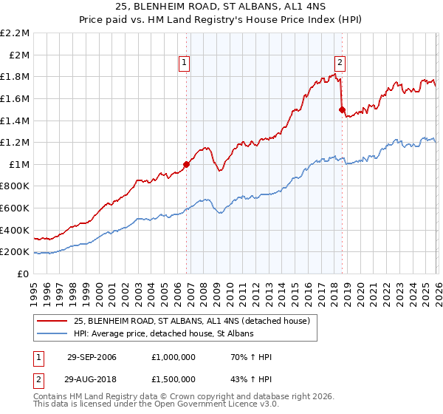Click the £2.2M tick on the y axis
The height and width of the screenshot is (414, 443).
[x=16, y=33]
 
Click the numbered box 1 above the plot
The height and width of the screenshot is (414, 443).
[x=184, y=64]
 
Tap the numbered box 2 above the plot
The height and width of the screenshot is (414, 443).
[x=340, y=64]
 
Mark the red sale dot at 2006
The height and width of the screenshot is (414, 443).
[x=186, y=164]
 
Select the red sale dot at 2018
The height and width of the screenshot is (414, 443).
[x=342, y=109]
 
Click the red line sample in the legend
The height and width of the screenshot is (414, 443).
[x=52, y=321]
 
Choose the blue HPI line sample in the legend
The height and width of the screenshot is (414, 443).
[x=52, y=334]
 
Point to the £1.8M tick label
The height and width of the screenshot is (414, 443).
[x=16, y=77]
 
